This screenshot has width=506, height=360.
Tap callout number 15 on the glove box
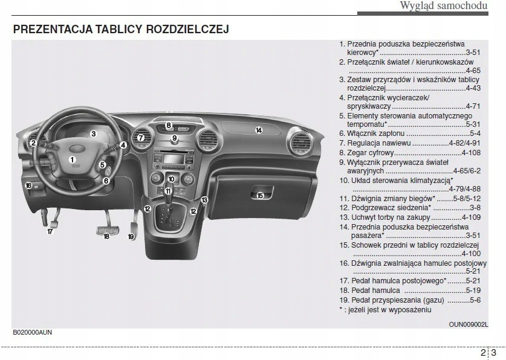260,195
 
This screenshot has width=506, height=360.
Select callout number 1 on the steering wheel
72,160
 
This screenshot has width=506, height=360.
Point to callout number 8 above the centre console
169,126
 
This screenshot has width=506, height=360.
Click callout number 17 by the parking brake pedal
50,231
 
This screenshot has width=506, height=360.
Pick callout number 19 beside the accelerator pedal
131,237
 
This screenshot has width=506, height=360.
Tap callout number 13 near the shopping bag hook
204,200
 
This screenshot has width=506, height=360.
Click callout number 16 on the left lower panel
28,185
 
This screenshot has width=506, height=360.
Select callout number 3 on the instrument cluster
94,134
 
